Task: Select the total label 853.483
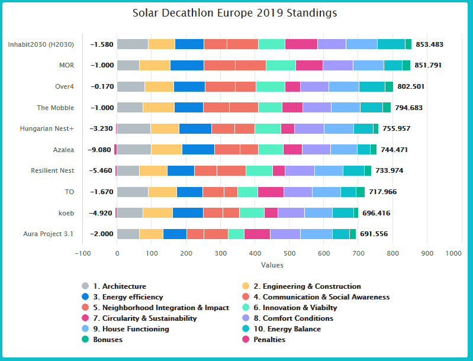429,44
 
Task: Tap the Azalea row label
62,150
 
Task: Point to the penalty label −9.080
99,150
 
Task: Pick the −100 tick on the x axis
82,253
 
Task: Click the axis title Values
272,265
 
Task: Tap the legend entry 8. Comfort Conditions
288,318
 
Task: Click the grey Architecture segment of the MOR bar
128,65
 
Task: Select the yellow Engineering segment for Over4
159,86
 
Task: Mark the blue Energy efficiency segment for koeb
188,213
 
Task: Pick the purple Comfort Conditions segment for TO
298,192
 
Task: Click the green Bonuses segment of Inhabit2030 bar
408,44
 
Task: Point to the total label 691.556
374,234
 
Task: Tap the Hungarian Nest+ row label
47,128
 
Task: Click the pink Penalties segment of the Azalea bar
115,150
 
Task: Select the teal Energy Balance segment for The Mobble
371,107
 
